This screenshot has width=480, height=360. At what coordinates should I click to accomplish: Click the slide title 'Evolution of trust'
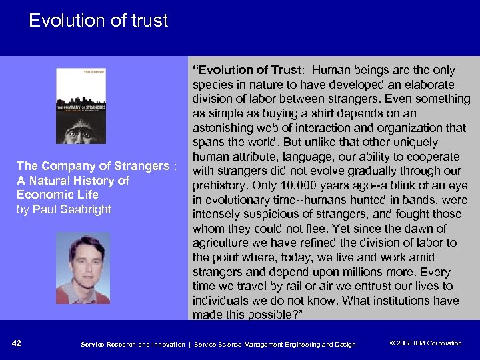[x=98, y=21]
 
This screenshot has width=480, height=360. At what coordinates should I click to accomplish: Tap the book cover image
[x=81, y=105]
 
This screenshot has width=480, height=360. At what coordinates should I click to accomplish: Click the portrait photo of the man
[x=83, y=267]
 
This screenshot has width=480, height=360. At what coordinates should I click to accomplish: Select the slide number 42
[x=17, y=343]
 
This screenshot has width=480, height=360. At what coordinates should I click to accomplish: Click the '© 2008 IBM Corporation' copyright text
[x=425, y=343]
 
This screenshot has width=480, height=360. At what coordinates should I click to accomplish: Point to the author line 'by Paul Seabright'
[x=64, y=209]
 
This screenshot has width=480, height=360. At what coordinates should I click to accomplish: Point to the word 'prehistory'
[x=219, y=185]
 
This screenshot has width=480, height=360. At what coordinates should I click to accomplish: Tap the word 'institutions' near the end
[x=396, y=300]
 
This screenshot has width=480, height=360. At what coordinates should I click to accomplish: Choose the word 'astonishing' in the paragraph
[x=223, y=128]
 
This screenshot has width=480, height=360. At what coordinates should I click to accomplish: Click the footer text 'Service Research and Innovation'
[x=133, y=344]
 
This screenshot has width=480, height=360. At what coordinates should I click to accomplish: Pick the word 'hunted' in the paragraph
[x=361, y=200]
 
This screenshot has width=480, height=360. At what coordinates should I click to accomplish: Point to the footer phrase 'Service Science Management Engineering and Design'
[x=275, y=344]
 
